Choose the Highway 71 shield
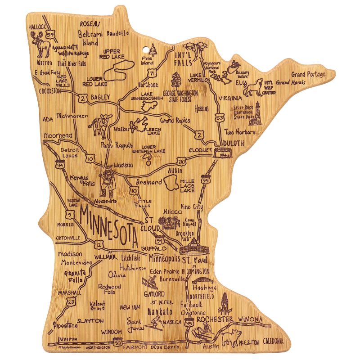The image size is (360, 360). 154,73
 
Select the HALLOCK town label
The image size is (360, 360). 38,27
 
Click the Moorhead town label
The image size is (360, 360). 58,135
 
